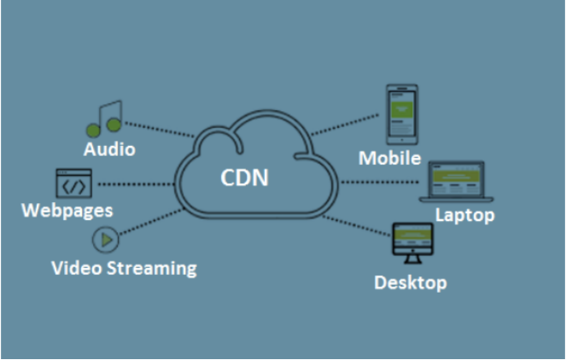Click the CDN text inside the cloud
tap(244, 178)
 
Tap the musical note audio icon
tap(106, 119)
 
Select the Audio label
tap(109, 149)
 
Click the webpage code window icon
tap(74, 183)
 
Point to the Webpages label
tap(67, 210)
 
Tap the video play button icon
tap(106, 240)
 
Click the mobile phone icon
tap(401, 113)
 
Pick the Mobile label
tap(390, 158)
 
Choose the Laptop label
tap(464, 214)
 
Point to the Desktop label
tap(410, 282)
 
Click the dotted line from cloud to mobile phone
tap(346, 125)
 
